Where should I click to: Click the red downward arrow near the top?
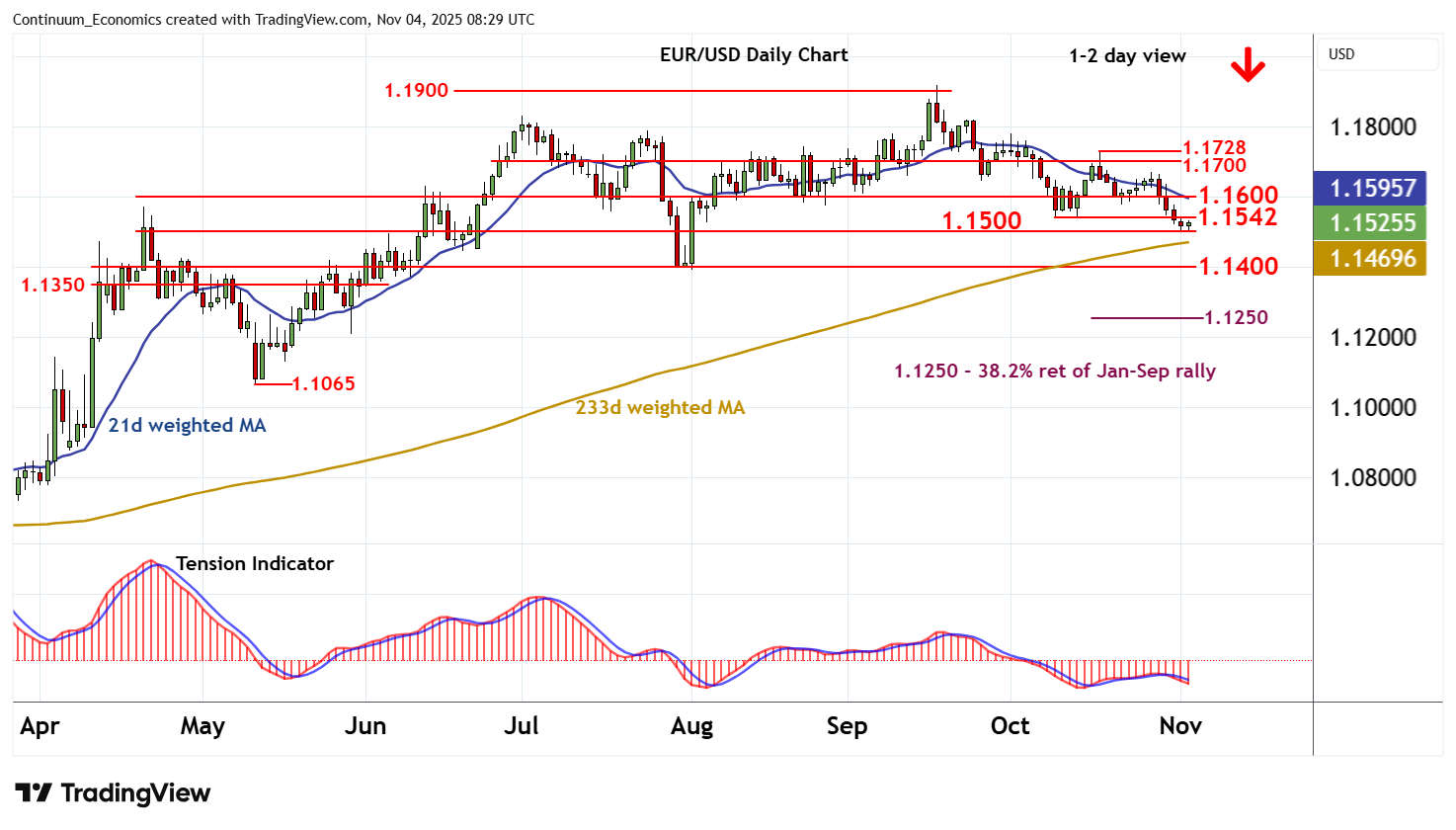tap(1248, 65)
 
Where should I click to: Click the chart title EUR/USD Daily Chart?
tap(754, 55)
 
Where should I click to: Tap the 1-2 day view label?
tap(1127, 56)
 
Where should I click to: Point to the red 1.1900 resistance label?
tap(416, 91)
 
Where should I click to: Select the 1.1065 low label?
tap(323, 384)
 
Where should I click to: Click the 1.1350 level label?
tap(53, 286)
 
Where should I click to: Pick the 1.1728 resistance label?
tap(1214, 148)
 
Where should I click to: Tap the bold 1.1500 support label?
tap(981, 220)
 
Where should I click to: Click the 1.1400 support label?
tap(1238, 267)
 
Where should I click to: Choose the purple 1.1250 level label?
tap(1236, 318)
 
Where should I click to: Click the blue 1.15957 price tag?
tap(1372, 188)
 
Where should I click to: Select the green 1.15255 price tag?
tap(1372, 223)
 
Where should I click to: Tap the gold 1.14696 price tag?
tap(1372, 259)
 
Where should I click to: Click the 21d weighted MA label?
tap(187, 426)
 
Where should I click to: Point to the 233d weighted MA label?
tap(660, 408)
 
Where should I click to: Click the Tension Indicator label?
tap(254, 564)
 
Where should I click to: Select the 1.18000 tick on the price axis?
tap(1372, 127)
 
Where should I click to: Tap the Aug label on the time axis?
tap(691, 727)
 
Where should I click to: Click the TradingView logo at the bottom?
tap(114, 793)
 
